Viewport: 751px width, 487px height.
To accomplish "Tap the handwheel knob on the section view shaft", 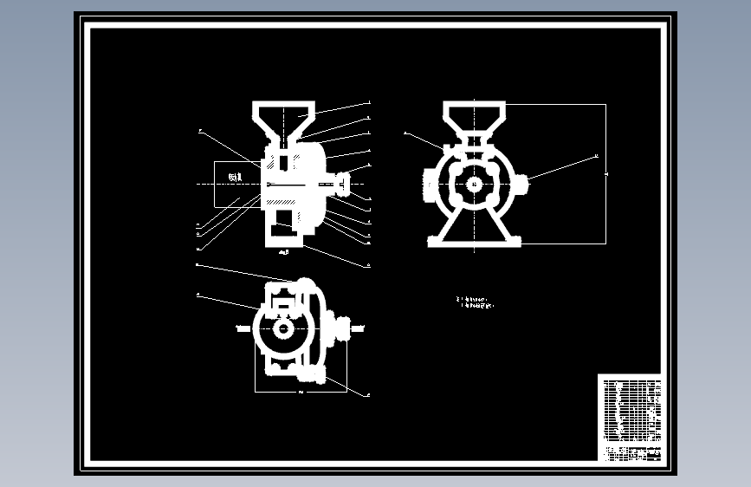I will [342, 184].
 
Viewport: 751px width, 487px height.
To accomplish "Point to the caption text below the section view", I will [284, 252].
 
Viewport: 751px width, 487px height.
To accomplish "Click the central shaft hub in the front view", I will [474, 184].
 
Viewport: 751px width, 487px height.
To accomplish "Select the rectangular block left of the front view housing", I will [430, 184].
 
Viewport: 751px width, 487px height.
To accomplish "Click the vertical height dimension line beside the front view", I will [605, 173].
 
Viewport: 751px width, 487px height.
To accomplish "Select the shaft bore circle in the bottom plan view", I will [283, 329].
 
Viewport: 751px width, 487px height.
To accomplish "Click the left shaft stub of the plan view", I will [243, 329].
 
